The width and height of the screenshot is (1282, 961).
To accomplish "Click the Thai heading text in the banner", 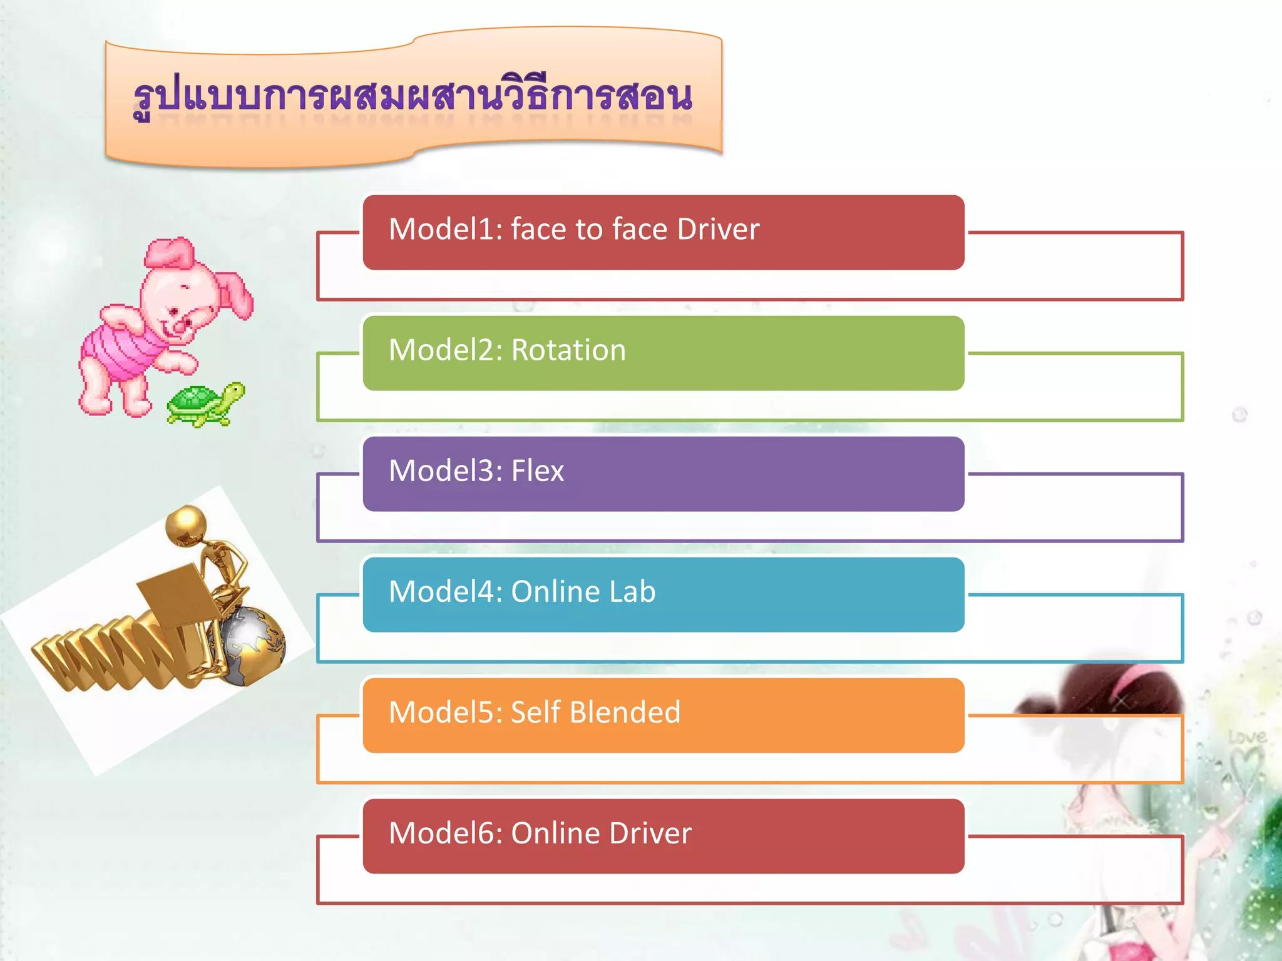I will [x=413, y=97].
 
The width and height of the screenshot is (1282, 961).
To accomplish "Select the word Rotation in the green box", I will [x=568, y=350].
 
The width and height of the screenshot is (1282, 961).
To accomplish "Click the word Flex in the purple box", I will [x=538, y=470].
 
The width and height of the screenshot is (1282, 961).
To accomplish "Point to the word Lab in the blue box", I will [x=632, y=591].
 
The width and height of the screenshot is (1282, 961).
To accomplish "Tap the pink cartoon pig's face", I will [x=178, y=307].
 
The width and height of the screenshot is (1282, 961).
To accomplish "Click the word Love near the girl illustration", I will [x=1247, y=737].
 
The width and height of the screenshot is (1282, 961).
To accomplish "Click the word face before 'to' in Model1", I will [x=538, y=229].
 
